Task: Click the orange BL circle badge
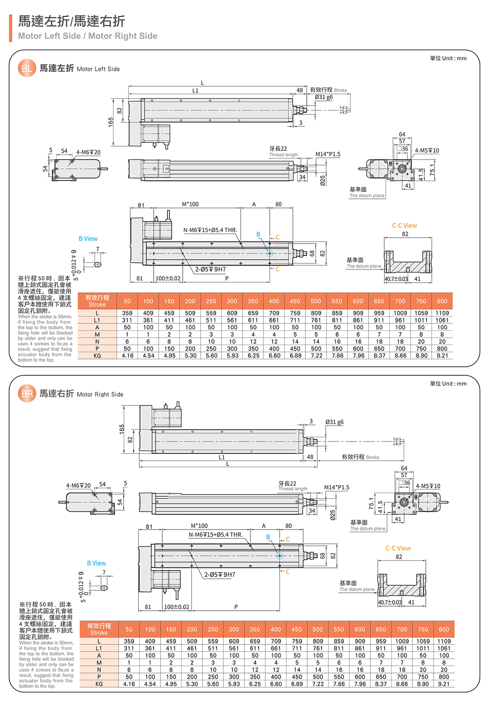(x=26, y=68)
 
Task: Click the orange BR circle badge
(x=27, y=393)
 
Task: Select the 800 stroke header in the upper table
(x=442, y=301)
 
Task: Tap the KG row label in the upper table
(x=97, y=356)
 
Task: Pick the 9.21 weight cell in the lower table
(x=443, y=684)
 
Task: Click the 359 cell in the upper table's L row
(x=127, y=313)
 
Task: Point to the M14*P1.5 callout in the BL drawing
(x=328, y=154)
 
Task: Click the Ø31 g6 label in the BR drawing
(x=334, y=422)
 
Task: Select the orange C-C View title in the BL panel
(x=405, y=226)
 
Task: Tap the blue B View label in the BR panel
(x=96, y=563)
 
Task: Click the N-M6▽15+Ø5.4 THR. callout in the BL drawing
(x=210, y=230)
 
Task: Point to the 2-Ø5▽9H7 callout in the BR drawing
(x=220, y=575)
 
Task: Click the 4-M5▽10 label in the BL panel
(x=427, y=151)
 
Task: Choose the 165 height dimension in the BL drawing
(x=111, y=122)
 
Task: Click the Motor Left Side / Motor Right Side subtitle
(x=88, y=36)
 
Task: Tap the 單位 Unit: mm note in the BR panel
(x=448, y=384)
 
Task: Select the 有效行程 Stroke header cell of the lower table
(x=99, y=629)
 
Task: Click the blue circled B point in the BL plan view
(x=270, y=253)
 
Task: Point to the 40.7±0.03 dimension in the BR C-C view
(x=390, y=602)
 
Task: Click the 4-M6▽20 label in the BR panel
(x=78, y=486)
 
